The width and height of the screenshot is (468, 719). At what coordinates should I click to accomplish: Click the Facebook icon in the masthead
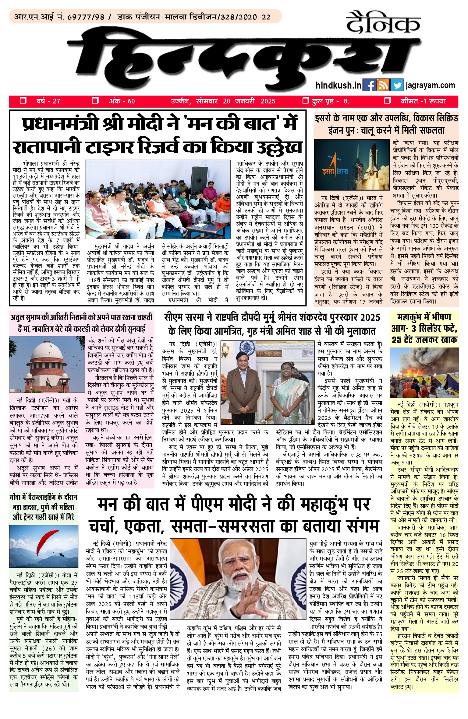pos(370,86)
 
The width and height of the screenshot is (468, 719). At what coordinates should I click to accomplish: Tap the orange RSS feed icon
pos(383,86)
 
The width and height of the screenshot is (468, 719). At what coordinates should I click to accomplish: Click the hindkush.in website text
pos(339,86)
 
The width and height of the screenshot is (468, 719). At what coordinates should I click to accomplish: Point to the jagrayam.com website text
pos(430,86)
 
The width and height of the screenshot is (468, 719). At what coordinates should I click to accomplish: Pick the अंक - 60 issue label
pos(122,101)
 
